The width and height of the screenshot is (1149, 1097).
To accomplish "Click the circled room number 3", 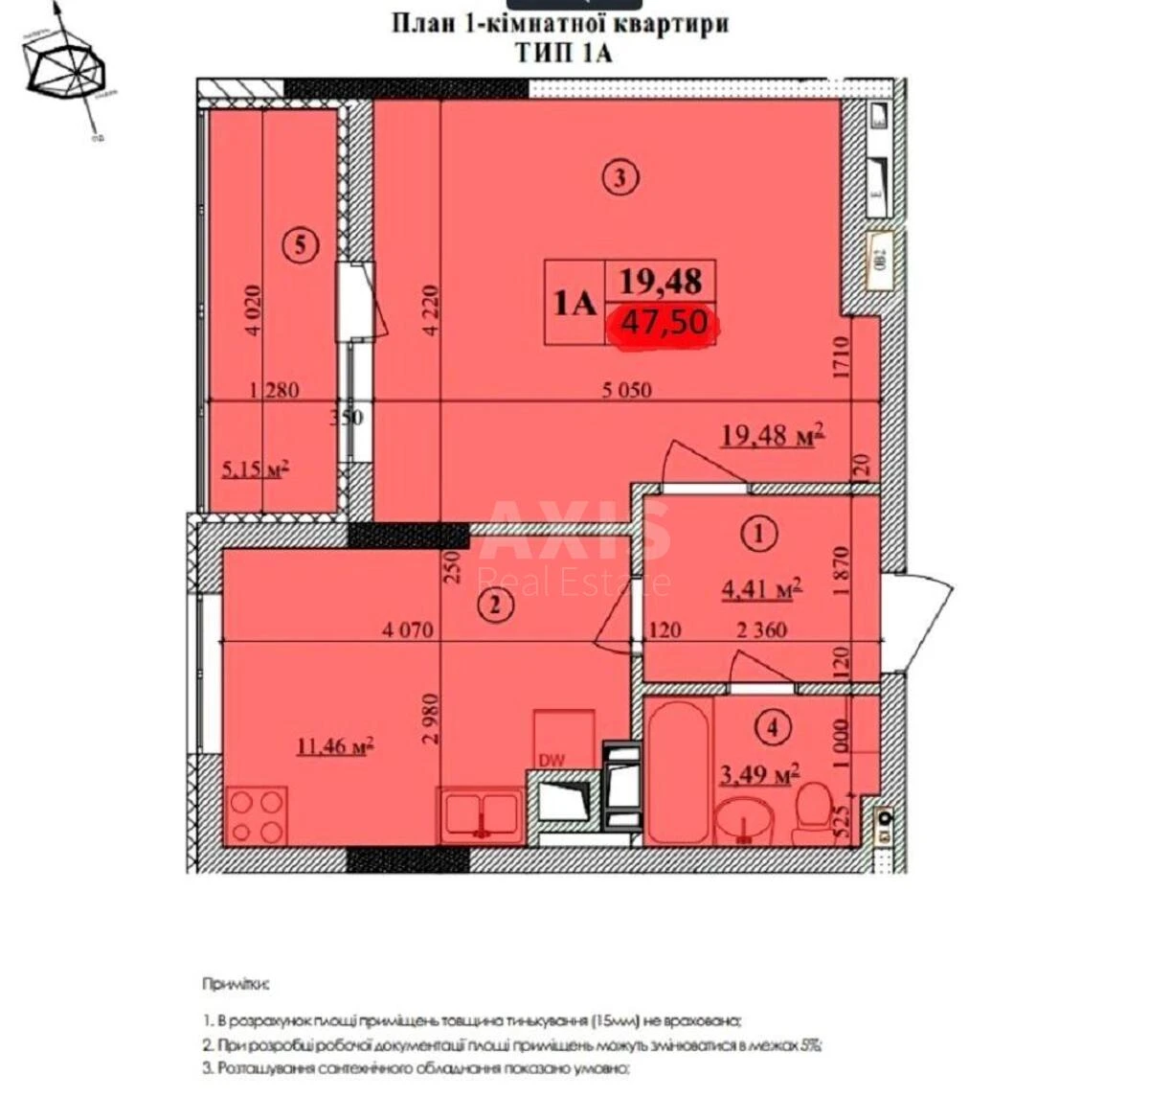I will coord(620,177).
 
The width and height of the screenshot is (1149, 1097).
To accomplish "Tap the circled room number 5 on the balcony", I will coord(300,246).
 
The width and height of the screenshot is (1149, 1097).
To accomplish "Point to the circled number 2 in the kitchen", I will coord(495,605).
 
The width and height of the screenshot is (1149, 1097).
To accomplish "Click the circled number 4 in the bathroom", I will coord(774,728).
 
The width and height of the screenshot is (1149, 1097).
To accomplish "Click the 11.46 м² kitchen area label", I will coord(334,744).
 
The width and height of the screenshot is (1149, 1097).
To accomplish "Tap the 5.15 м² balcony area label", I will coord(255,469).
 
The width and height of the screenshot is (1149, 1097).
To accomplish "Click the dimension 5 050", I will coord(626,389).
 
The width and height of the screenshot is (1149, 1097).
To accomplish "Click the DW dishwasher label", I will coord(552,761).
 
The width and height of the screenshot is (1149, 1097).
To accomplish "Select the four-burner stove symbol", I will coord(257,815).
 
